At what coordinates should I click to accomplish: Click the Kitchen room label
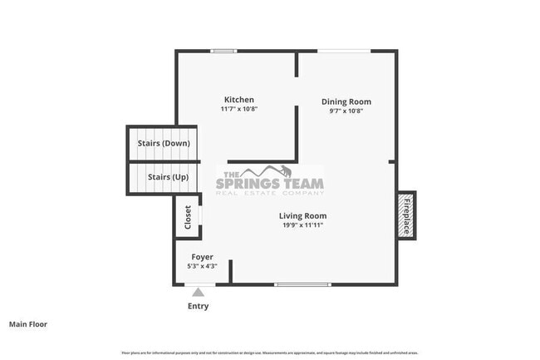[x=238, y=100]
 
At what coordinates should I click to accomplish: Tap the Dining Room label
[x=346, y=101]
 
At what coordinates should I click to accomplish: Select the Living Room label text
[x=302, y=215]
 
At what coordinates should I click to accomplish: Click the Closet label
[x=188, y=217]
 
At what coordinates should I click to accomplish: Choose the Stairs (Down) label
[x=163, y=143]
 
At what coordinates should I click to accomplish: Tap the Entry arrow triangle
[x=198, y=291]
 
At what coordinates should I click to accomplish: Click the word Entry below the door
[x=198, y=306]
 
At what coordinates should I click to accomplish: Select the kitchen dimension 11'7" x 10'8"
[x=238, y=109]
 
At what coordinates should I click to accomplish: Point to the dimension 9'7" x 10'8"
[x=346, y=111]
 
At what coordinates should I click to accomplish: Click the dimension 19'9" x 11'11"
[x=302, y=224]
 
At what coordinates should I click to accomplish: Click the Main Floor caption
[x=28, y=324]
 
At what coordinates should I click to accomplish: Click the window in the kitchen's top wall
[x=223, y=51]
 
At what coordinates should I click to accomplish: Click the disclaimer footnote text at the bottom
[x=270, y=353]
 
